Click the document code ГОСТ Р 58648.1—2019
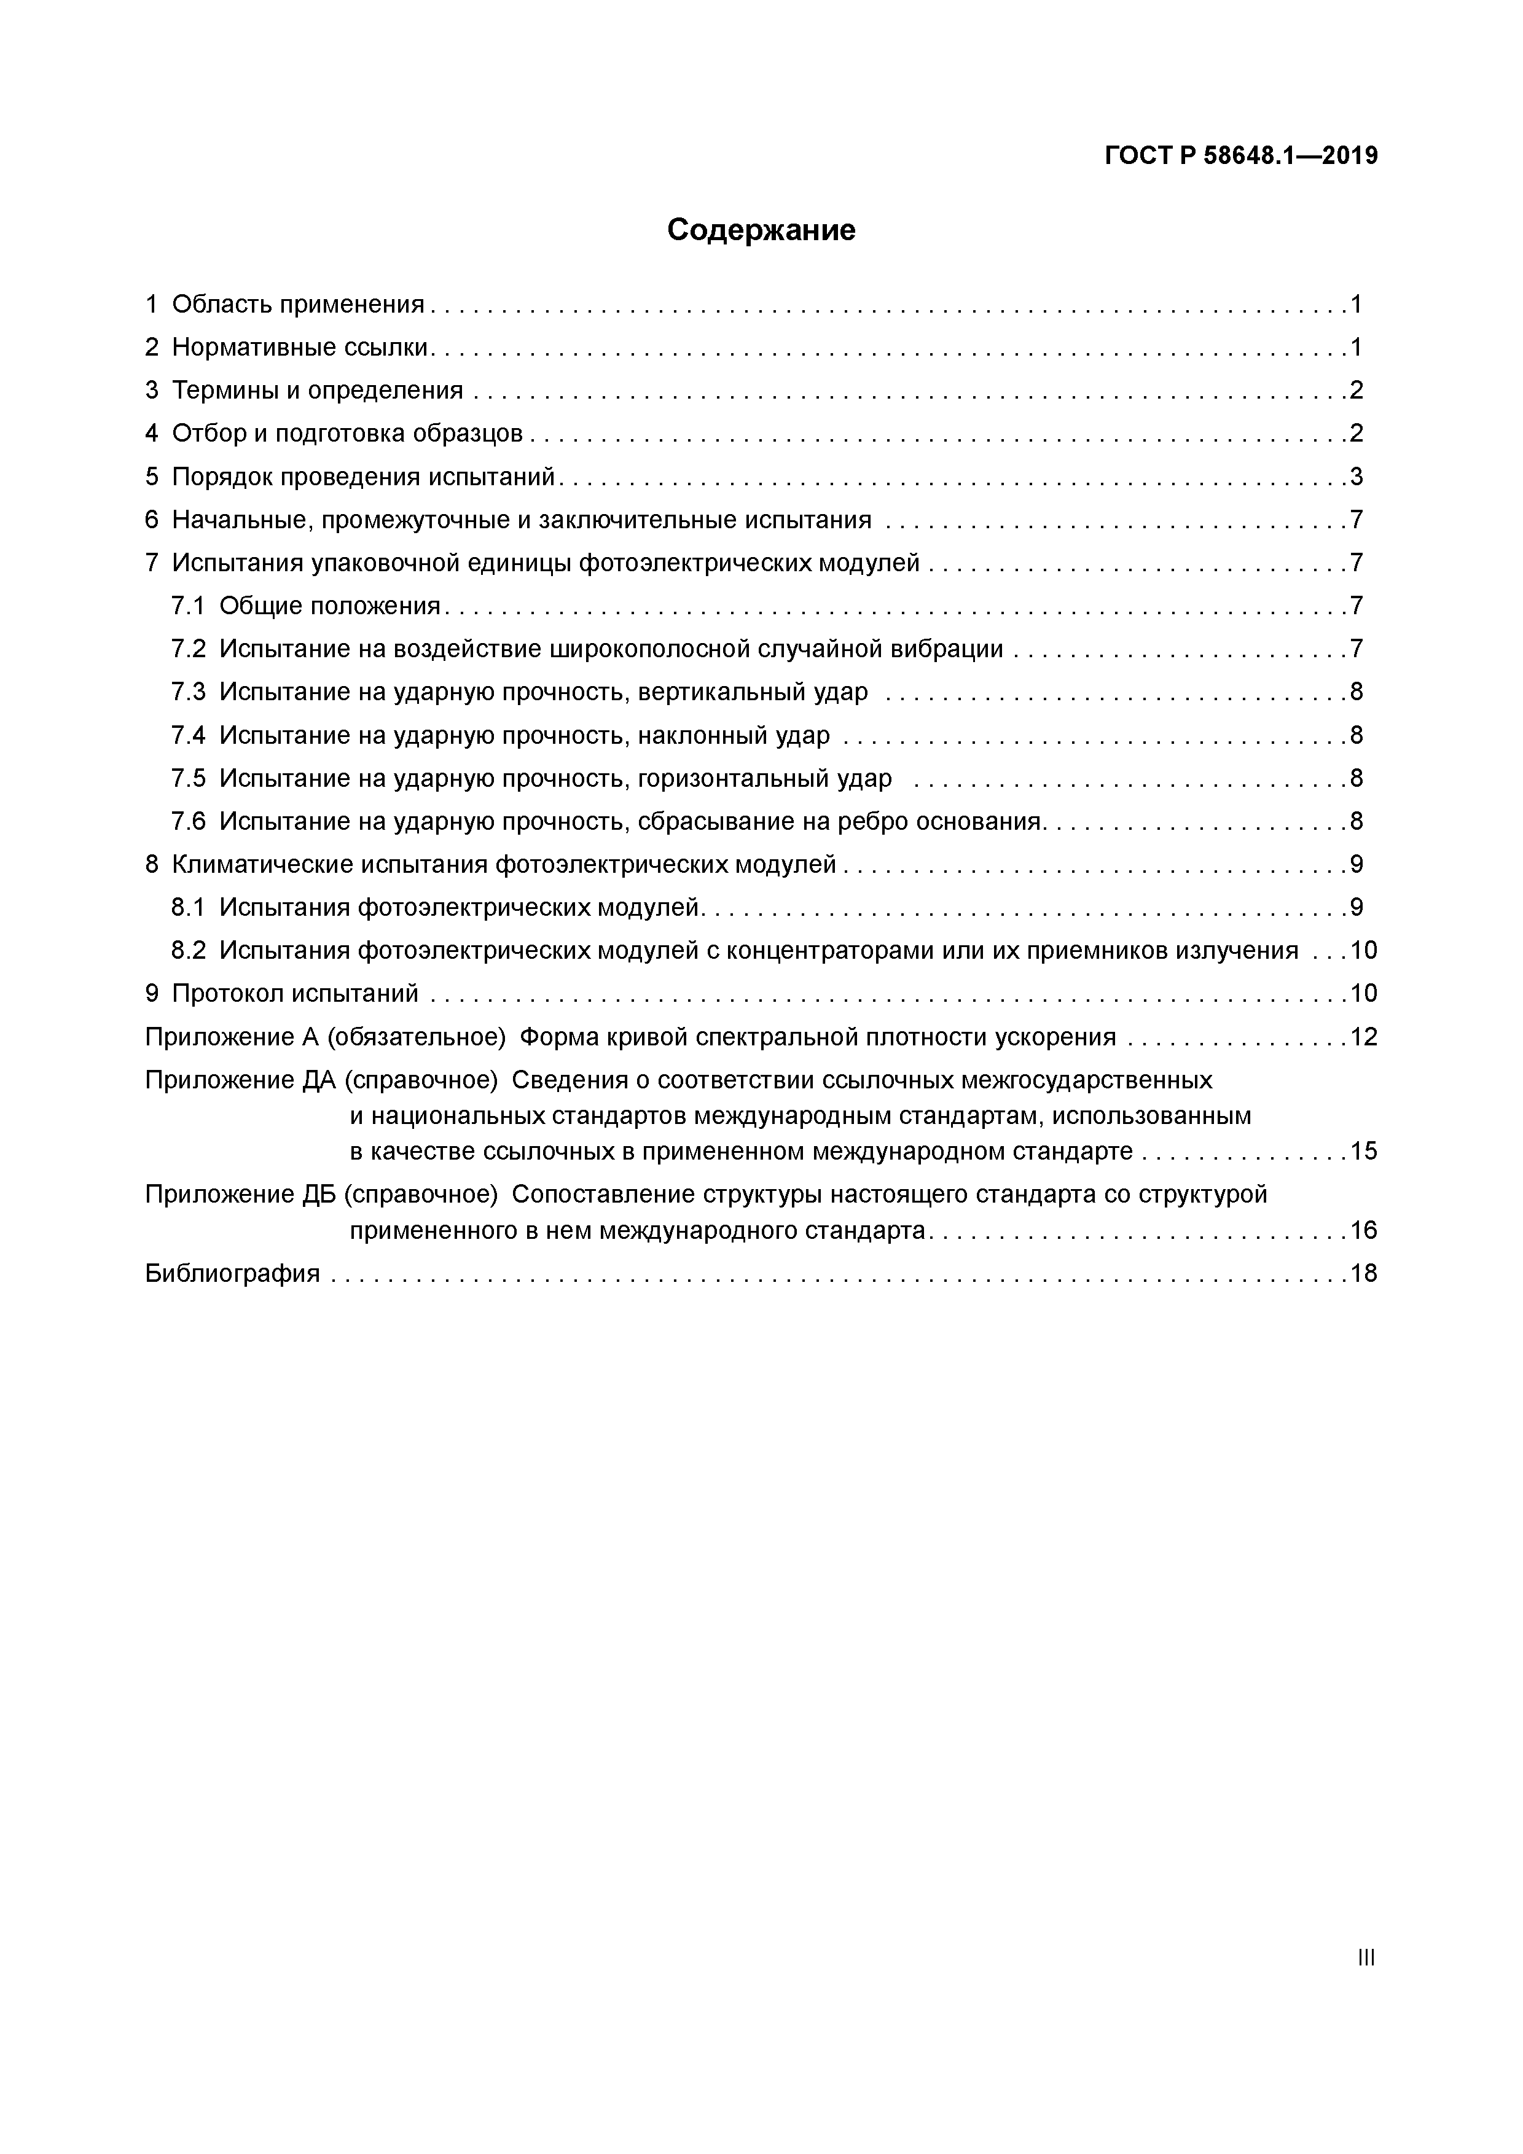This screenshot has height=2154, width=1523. [1240, 156]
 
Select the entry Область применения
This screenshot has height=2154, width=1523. [297, 304]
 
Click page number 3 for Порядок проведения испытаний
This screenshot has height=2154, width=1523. [1356, 477]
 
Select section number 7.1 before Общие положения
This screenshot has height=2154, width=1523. [187, 606]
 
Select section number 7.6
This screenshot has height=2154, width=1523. [187, 822]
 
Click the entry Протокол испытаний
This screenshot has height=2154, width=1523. [295, 994]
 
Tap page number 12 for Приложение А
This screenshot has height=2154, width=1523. [1363, 1037]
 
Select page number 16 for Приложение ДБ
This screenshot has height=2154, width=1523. [1363, 1230]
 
